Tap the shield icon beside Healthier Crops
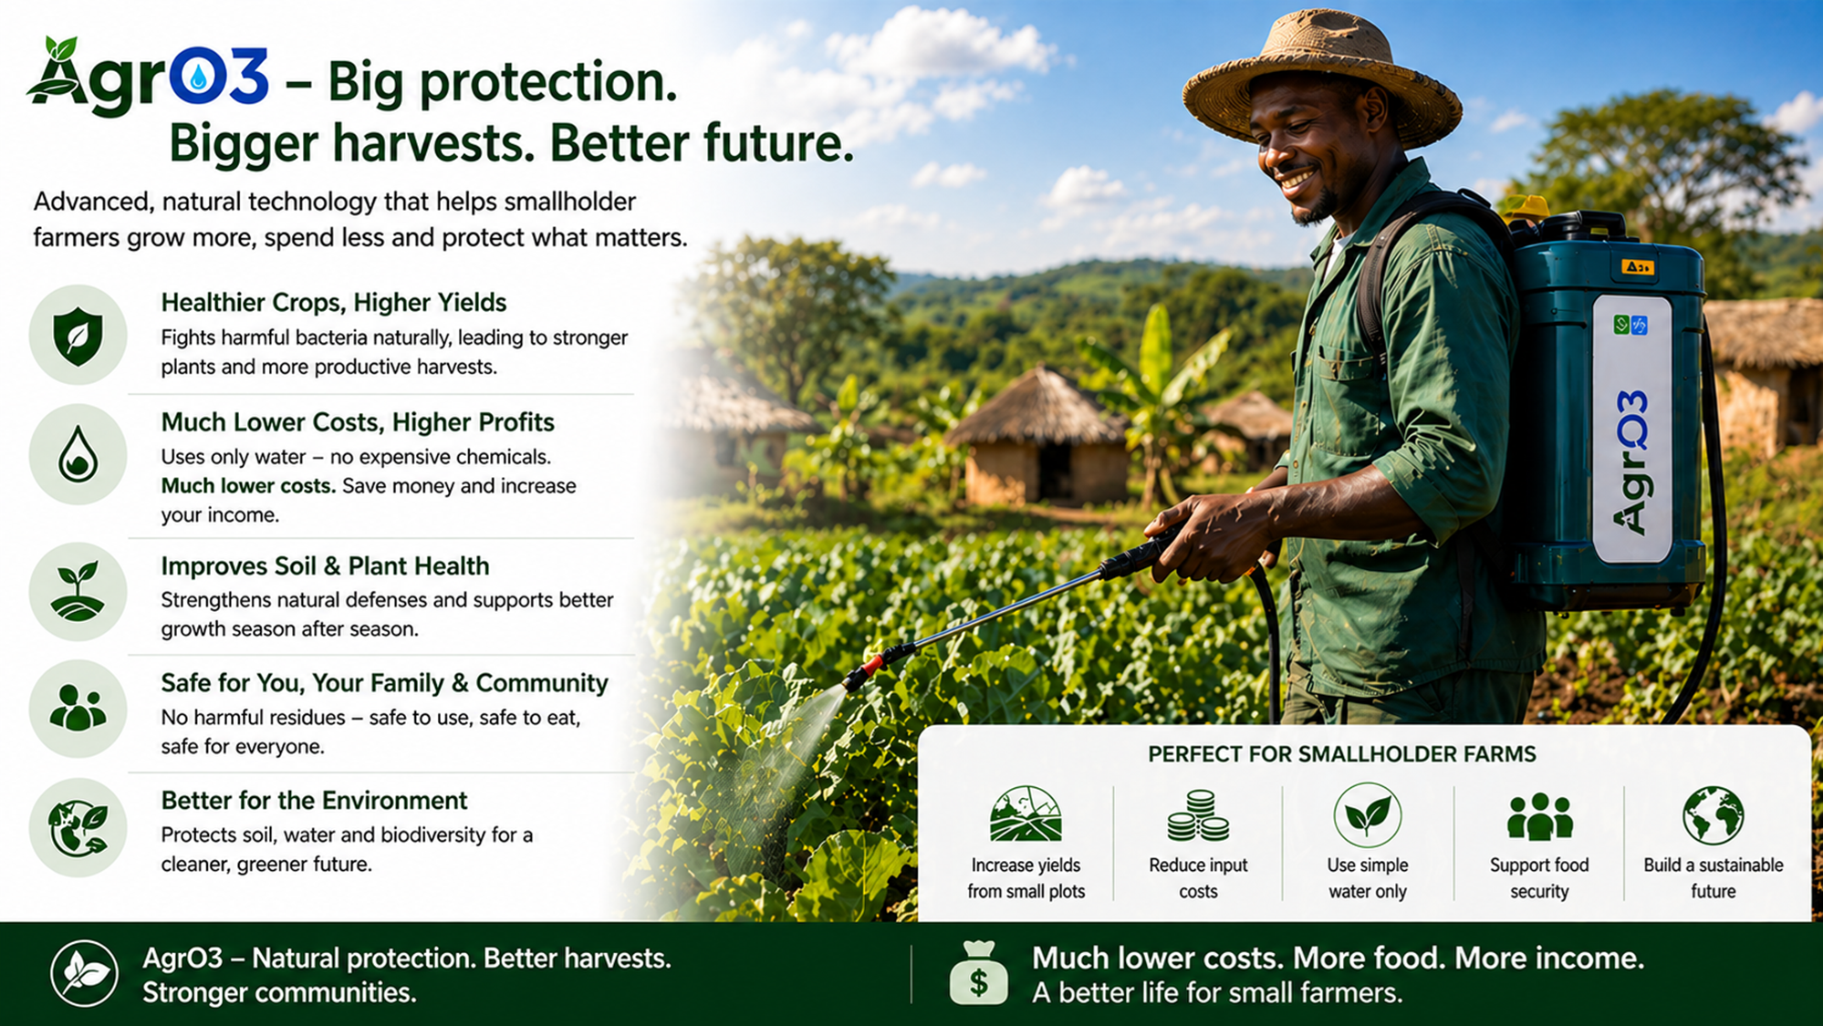pyautogui.click(x=78, y=336)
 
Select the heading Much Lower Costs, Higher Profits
pyautogui.click(x=358, y=422)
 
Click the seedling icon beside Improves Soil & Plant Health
pyautogui.click(x=78, y=592)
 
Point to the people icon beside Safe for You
pyautogui.click(x=78, y=709)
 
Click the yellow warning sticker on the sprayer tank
pyautogui.click(x=1637, y=266)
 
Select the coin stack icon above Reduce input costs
pyautogui.click(x=1198, y=815)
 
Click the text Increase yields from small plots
pyautogui.click(x=1026, y=878)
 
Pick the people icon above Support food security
pyautogui.click(x=1539, y=816)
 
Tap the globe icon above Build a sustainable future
pyautogui.click(x=1713, y=815)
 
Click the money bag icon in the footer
pyautogui.click(x=979, y=973)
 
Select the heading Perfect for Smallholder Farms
pyautogui.click(x=1342, y=754)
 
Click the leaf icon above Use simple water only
pyautogui.click(x=1367, y=815)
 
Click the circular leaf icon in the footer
pyautogui.click(x=84, y=974)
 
